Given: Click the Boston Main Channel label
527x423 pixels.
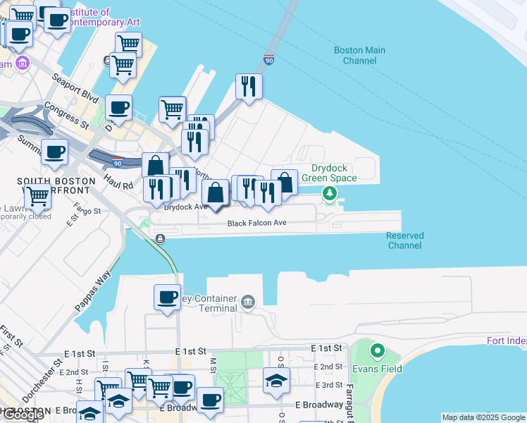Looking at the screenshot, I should click(x=359, y=55).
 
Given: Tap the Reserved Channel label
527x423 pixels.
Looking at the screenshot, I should click(x=404, y=240).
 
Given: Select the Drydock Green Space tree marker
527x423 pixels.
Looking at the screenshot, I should click(x=329, y=192).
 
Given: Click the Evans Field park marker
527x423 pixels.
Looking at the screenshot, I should click(x=377, y=350).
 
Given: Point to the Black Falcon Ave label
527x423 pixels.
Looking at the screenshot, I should click(x=256, y=223).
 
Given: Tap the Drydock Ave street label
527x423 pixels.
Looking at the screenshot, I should click(x=185, y=207).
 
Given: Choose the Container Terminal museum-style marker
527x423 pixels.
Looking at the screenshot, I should click(x=247, y=302).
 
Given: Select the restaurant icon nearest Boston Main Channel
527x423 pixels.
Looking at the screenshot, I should click(x=248, y=86).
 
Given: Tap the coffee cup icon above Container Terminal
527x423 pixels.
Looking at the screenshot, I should click(x=168, y=297).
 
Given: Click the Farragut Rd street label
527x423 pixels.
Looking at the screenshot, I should click(x=349, y=399).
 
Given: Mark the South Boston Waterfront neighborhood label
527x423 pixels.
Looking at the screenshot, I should click(x=56, y=181).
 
